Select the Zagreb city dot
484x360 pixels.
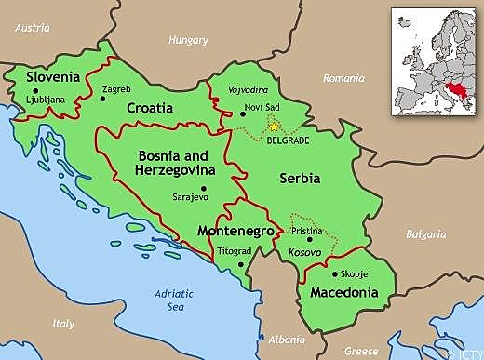pyautogui.click(x=101, y=99)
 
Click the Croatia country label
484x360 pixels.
pyautogui.click(x=151, y=108)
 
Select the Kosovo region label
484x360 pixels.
pyautogui.click(x=304, y=253)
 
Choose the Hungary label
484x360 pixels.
pyautogui.click(x=188, y=40)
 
